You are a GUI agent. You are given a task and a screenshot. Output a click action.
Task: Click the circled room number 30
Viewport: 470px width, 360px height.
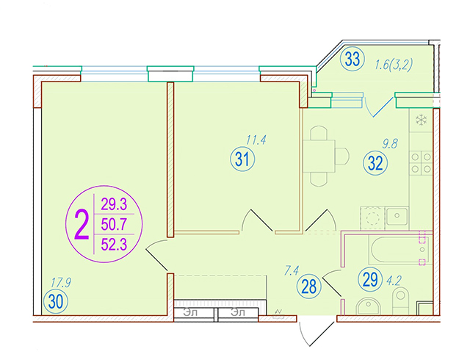(x=56, y=301)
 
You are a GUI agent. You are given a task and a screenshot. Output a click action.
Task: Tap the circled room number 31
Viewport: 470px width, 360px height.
(x=242, y=159)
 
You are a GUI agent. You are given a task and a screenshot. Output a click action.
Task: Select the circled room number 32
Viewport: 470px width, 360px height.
(x=375, y=164)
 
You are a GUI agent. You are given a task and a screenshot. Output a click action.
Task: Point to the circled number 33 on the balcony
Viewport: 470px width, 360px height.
(x=352, y=59)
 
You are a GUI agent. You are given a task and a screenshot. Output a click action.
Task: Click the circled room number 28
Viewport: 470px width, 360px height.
(x=309, y=287)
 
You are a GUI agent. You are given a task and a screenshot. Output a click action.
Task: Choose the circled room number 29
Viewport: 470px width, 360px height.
(x=370, y=279)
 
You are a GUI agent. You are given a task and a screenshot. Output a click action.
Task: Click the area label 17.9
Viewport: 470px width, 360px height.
(x=61, y=283)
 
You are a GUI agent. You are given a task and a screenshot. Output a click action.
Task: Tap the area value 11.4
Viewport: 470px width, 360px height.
(x=256, y=140)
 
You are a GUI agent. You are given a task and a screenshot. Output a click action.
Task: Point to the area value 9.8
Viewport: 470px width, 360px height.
(x=390, y=144)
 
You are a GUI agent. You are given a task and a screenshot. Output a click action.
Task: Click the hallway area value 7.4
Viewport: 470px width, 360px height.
(x=292, y=271)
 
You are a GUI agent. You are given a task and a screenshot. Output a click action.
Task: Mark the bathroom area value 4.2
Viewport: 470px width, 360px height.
(x=394, y=281)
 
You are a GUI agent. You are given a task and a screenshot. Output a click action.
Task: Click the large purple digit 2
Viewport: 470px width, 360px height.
(x=82, y=224)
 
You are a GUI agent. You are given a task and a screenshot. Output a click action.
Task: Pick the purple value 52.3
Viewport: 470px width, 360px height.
(x=115, y=244)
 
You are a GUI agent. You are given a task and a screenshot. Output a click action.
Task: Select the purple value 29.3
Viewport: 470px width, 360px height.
(x=115, y=204)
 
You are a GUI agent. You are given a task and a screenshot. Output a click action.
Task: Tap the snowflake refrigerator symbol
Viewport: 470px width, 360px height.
(x=421, y=120)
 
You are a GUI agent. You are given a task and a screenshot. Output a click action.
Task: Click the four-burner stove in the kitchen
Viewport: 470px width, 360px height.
(x=421, y=163)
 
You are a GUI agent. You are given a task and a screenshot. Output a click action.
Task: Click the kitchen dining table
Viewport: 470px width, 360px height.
(x=319, y=156)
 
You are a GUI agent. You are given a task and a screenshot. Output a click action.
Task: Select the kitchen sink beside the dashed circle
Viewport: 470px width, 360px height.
(x=397, y=216)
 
